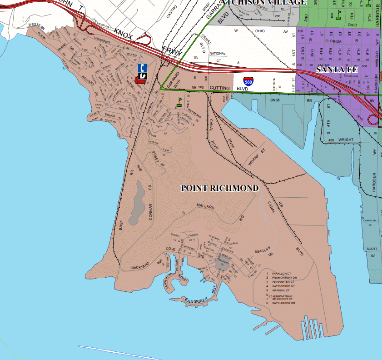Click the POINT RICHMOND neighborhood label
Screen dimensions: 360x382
click(220, 188)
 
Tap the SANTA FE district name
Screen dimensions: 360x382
click(337, 70)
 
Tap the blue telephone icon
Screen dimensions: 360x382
click(142, 68)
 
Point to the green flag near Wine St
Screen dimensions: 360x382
click(179, 101)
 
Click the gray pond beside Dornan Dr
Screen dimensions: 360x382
click(138, 205)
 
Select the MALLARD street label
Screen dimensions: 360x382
click(205, 206)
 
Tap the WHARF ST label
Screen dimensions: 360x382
click(256, 157)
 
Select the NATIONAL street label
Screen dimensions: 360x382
click(218, 53)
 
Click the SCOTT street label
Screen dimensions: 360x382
click(372, 249)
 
